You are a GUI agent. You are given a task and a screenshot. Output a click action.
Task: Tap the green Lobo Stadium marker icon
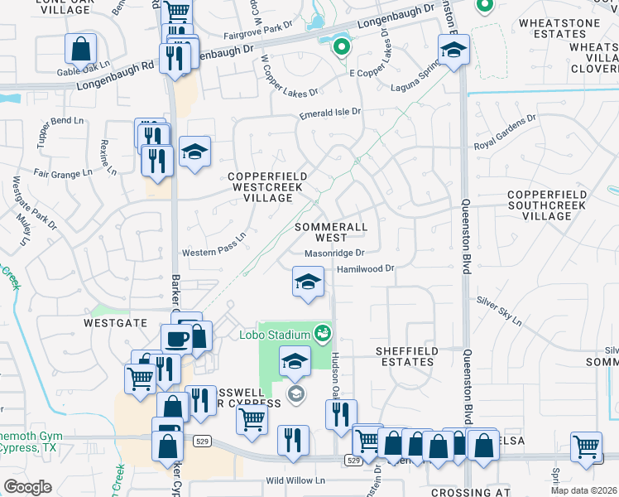323,335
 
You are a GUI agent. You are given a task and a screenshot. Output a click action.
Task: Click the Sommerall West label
330,232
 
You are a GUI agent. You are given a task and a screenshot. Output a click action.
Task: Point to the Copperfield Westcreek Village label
267,187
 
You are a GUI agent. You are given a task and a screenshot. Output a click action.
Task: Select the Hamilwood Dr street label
365,268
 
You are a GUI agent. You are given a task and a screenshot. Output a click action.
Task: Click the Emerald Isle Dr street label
330,112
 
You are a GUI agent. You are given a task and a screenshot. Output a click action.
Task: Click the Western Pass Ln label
214,246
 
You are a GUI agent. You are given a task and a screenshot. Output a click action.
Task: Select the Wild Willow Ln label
295,480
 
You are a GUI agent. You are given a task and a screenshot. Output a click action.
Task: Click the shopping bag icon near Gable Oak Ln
81,50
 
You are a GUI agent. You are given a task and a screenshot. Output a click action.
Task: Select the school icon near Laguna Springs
453,51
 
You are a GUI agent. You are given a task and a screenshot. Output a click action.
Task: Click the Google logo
27,487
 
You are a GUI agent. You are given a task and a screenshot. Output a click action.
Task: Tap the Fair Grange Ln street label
63,174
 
